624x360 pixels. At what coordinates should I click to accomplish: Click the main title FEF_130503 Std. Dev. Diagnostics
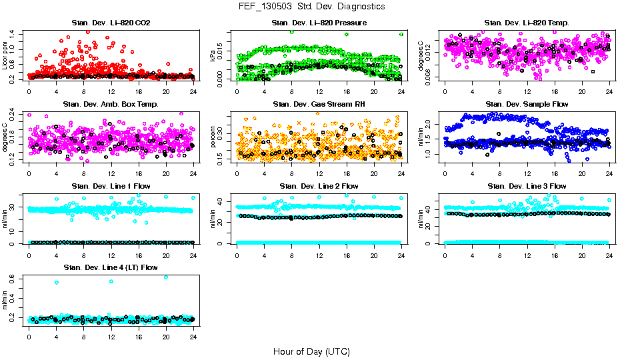(311, 6)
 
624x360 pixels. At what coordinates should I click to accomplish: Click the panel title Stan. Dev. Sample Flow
(527, 104)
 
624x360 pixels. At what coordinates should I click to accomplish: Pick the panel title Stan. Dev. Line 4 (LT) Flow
(111, 267)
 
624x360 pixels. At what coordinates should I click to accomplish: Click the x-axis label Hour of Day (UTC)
(311, 351)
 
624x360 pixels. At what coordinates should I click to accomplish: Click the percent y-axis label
(213, 137)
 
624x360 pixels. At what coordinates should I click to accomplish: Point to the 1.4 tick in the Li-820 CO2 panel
(15, 33)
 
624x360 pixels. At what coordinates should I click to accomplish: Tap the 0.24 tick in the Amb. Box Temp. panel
(15, 115)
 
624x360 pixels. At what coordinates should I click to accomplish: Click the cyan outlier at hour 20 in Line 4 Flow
(166, 277)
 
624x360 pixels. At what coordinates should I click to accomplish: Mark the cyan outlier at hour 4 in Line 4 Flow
(57, 283)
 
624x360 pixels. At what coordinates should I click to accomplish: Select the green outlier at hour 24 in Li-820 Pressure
(401, 34)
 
